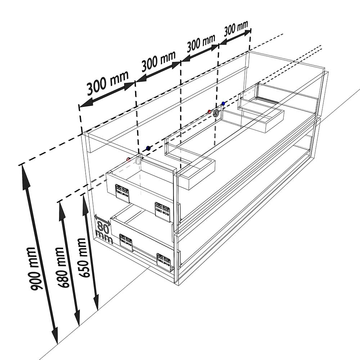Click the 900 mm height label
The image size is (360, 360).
[34, 269]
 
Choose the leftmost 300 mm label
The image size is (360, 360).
[108, 83]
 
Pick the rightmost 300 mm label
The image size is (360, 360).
[236, 29]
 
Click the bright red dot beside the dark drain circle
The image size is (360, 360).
[209, 112]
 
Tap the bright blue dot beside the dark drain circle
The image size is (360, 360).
[223, 104]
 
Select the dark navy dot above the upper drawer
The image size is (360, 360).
[148, 148]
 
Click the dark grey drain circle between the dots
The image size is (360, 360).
[216, 113]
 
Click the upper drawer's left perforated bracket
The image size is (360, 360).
[122, 193]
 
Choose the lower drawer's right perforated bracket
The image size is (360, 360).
[164, 262]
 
